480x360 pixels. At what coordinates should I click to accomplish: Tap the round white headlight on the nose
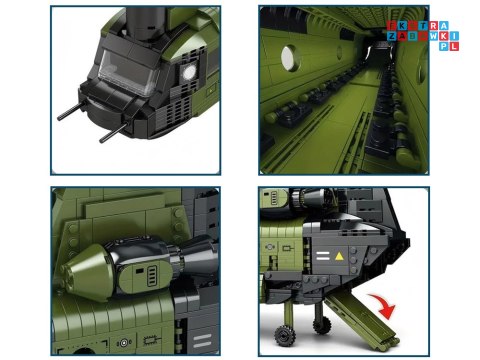pyautogui.click(x=187, y=72)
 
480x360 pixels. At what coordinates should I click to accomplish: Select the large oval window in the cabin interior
pyautogui.click(x=291, y=54)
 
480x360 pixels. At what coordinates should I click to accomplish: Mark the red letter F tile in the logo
pyautogui.click(x=393, y=26)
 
